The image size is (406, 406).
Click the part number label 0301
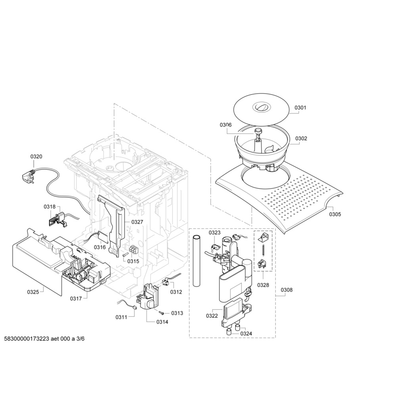tap(301, 107)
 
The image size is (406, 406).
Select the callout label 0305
tap(335, 214)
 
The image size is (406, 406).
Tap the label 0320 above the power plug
tap(36, 156)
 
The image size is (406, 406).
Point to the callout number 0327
tap(137, 222)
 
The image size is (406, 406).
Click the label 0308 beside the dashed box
tap(287, 290)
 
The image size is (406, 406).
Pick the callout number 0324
tap(246, 333)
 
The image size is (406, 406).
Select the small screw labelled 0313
tap(162, 313)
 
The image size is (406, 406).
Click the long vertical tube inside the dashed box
tap(197, 261)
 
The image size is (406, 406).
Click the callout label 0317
tap(76, 299)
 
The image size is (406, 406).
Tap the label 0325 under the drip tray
tap(33, 292)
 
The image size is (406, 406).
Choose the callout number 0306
tap(226, 125)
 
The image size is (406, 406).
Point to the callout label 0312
tap(176, 292)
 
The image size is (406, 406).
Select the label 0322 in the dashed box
tap(212, 316)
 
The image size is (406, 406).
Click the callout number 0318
tap(50, 207)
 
